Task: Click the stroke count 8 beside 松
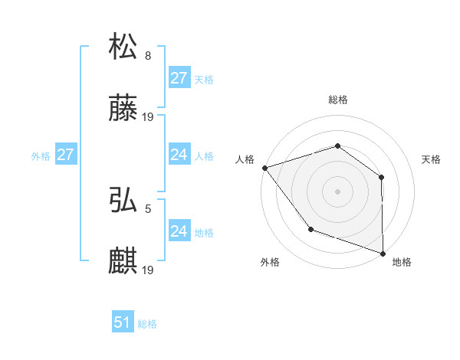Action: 148,55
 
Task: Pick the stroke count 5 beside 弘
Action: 148,208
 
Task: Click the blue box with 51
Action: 123,323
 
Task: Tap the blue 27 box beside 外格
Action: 65,155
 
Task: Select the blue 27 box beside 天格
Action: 179,78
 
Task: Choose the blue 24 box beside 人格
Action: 179,155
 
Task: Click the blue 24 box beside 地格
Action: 179,231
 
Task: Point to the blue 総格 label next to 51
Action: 147,324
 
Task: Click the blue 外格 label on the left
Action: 41,155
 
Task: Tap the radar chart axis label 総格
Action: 338,100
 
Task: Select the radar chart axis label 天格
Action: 432,159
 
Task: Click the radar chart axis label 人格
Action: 245,159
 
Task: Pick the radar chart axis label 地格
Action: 402,262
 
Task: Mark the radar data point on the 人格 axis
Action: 264,167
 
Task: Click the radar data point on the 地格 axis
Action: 383,252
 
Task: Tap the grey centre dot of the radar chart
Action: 337,191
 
